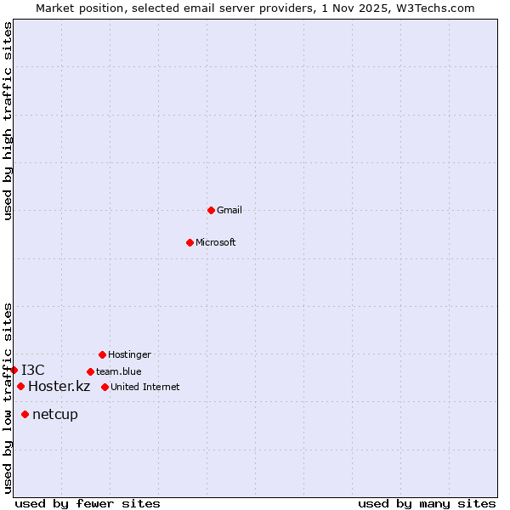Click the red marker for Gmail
(211, 210)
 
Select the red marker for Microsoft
(190, 242)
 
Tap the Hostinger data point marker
(102, 354)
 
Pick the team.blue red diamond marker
(90, 371)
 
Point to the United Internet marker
(105, 387)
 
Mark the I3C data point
(14, 370)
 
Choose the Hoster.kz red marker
(20, 386)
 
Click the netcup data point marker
(25, 414)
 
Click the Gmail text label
(229, 210)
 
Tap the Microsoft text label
(216, 242)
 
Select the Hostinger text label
(129, 354)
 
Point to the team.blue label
(119, 371)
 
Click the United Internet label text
(145, 387)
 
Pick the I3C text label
(33, 370)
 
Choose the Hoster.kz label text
(59, 386)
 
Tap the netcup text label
(55, 414)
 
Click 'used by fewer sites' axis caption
(88, 503)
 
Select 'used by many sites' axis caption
(427, 503)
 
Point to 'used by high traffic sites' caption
(8, 121)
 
